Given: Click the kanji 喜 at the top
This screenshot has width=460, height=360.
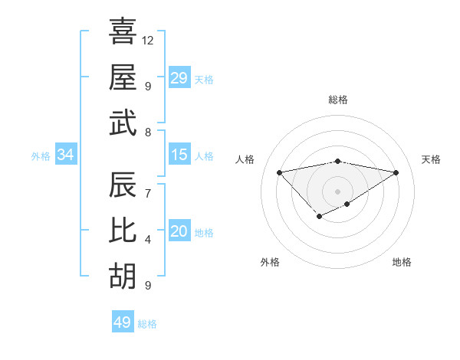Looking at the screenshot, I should point(123,32).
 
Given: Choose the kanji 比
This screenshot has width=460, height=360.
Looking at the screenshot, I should point(123,232).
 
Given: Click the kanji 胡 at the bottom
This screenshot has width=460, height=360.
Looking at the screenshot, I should point(123,277).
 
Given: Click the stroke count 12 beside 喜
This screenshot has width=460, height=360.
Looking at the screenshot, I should point(148,39).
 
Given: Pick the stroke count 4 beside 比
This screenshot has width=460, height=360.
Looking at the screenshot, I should point(148,240).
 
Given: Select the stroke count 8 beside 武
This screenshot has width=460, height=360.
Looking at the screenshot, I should point(148,132).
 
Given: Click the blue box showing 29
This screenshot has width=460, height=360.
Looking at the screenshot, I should point(179,78).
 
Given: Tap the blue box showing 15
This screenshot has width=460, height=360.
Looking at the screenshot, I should point(179,155).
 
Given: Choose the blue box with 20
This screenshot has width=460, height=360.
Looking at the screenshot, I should point(179,231).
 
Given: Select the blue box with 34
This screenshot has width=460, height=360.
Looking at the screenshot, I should point(66,155).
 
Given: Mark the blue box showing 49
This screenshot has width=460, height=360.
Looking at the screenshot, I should point(123,322).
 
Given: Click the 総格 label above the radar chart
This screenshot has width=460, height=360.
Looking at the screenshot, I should point(337,100).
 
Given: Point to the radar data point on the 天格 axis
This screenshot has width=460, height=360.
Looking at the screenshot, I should point(396,173).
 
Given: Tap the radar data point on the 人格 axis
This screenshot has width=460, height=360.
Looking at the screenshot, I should point(279,172).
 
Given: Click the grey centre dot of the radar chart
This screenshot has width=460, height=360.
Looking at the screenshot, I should point(337,191).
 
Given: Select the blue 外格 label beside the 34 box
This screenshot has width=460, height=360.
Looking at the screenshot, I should point(41,156).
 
